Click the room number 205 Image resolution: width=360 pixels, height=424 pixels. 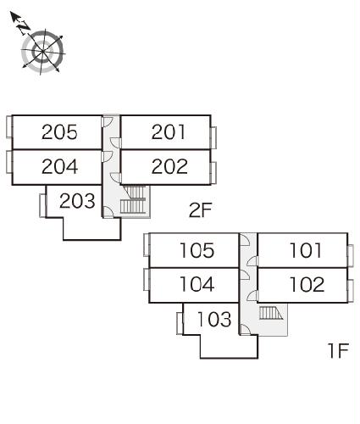59,132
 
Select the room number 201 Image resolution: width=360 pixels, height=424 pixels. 169,132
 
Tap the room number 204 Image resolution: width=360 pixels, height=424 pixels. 59,166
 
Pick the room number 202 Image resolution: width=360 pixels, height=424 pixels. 169,166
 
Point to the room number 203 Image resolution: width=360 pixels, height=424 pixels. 77,201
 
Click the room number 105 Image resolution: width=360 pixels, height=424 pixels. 197,250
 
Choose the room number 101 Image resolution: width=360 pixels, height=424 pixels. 306,250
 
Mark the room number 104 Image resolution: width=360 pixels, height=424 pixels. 197,284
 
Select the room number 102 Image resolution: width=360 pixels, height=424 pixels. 307,284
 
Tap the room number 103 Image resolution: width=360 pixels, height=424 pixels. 214,319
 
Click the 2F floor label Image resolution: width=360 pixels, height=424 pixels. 200,210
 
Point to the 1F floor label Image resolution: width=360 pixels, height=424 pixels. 338,350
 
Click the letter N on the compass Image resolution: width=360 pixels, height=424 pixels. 23,26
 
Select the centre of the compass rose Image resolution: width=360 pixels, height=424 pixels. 42,52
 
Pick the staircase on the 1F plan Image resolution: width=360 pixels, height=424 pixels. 271,313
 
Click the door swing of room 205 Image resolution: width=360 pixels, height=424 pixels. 108,122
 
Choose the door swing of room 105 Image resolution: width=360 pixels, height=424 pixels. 245,240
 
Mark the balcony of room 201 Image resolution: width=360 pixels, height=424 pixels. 213,137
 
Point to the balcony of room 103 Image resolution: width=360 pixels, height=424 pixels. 180,324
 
